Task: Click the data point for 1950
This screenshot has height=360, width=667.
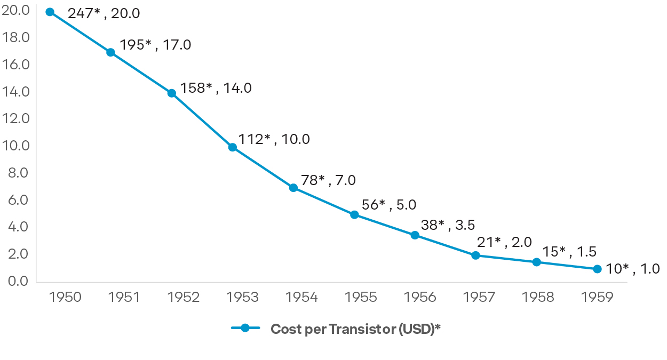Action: tap(50, 12)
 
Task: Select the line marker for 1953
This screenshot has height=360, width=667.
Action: tap(232, 147)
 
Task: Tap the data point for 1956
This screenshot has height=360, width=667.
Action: tap(415, 235)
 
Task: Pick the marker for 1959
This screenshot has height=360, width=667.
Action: tap(597, 269)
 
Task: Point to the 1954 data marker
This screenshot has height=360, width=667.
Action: tap(293, 188)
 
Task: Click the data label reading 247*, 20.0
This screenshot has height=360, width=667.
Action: tap(104, 13)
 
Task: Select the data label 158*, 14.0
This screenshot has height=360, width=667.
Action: tap(216, 88)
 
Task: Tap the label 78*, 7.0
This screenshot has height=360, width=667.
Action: tap(328, 180)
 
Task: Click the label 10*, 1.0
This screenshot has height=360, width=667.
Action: tap(633, 269)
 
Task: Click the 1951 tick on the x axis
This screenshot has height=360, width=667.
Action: tap(124, 297)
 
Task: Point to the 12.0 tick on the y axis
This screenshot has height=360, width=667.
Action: tap(15, 118)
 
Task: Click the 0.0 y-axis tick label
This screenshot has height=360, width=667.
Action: tap(15, 281)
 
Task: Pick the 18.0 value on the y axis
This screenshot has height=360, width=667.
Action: tap(15, 38)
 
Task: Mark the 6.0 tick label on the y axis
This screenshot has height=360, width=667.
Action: tap(15, 199)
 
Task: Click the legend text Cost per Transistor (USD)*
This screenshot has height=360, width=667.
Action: tap(355, 329)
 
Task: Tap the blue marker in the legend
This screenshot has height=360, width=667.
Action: tap(245, 328)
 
